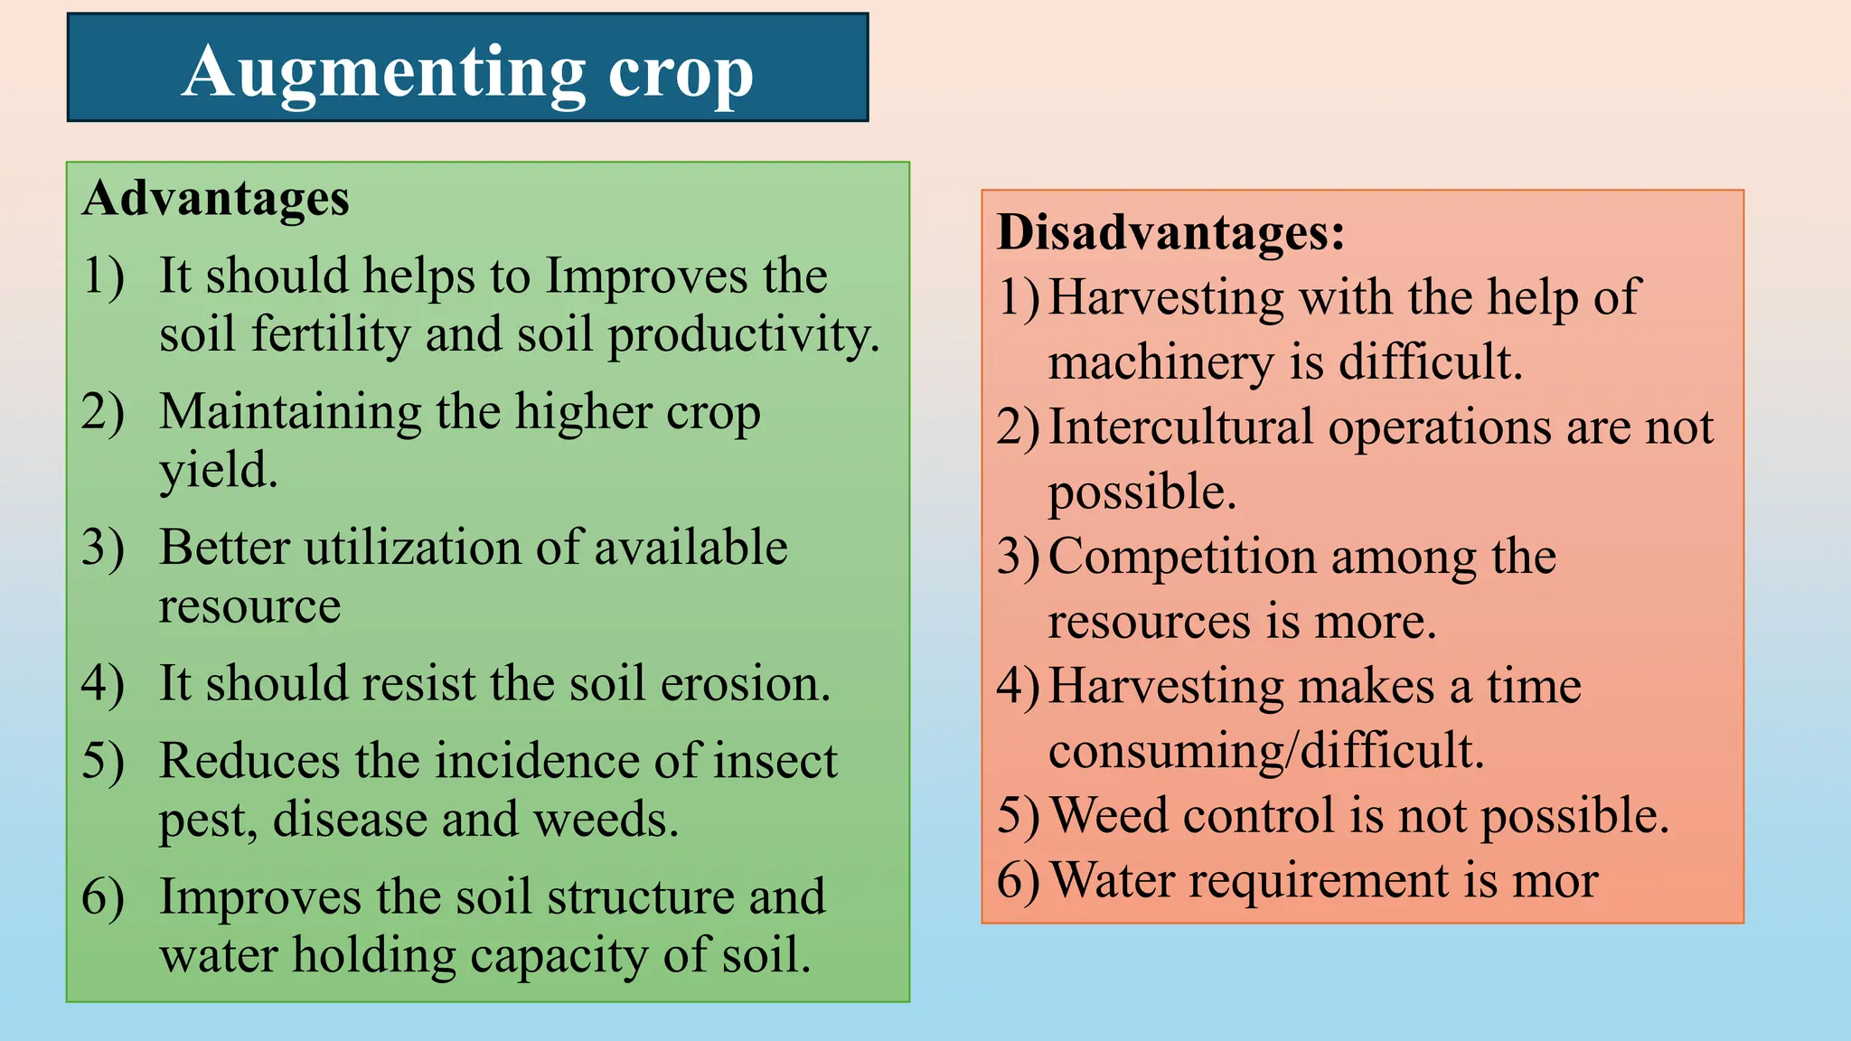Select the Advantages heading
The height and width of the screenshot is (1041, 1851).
click(216, 198)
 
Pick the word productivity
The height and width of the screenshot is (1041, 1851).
click(743, 334)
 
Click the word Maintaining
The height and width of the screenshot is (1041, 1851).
click(290, 412)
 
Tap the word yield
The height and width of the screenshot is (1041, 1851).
click(218, 470)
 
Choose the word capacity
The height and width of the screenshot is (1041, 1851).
click(559, 956)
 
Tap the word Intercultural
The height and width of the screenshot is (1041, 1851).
click(1180, 427)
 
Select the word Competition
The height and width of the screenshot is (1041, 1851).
click(1181, 557)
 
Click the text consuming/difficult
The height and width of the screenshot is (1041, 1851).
click(1265, 751)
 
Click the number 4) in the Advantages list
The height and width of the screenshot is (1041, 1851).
click(102, 683)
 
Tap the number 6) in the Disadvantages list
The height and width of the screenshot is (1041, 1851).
click(1018, 880)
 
